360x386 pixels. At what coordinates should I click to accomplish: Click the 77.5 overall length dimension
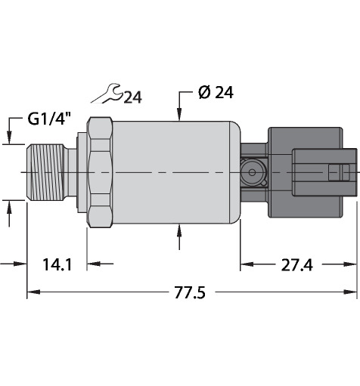[190, 292]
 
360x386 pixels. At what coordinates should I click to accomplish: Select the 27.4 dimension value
[296, 264]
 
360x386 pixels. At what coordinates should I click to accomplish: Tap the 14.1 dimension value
[57, 264]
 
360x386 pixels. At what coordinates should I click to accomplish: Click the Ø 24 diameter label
[216, 93]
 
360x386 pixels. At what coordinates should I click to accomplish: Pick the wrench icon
[107, 94]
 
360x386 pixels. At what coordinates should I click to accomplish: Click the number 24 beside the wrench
[133, 97]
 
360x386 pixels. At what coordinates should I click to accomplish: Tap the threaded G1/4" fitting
[48, 172]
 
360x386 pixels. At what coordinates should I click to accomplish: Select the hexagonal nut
[100, 172]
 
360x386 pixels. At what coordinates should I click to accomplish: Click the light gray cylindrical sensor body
[176, 172]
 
